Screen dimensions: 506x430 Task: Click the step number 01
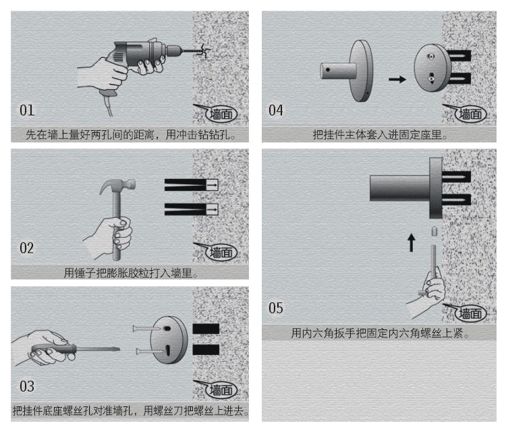tap(27, 110)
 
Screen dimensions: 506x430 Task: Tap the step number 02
tap(26, 248)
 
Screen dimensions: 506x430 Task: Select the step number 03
tap(26, 387)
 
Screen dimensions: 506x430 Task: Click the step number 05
tap(276, 308)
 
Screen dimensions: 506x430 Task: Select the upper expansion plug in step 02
tap(190, 184)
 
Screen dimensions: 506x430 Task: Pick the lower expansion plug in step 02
tap(190, 209)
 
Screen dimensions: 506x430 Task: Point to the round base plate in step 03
tap(167, 341)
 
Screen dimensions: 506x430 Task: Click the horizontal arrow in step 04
tap(398, 80)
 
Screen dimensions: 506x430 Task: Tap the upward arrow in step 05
tap(412, 242)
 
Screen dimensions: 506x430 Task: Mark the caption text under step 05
tap(380, 333)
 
